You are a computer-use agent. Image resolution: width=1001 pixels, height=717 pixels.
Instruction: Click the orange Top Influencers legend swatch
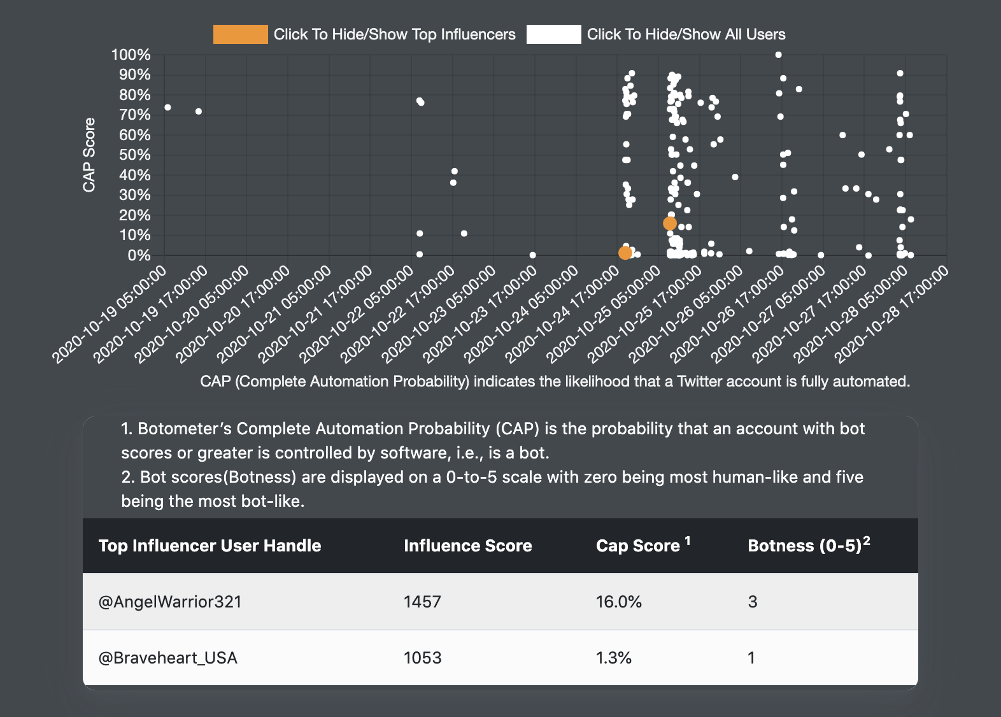[x=240, y=34]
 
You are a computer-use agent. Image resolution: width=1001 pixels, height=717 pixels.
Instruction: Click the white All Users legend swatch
[x=553, y=34]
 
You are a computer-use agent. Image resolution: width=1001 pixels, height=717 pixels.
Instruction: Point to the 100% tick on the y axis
[x=131, y=55]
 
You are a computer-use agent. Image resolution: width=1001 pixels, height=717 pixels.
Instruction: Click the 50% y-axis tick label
[x=135, y=155]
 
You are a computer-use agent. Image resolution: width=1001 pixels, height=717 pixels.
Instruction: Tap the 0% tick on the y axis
[x=139, y=255]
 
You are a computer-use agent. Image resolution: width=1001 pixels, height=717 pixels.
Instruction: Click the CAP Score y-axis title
[x=89, y=155]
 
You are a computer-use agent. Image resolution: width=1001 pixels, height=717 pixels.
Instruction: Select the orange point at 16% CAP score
[x=669, y=224]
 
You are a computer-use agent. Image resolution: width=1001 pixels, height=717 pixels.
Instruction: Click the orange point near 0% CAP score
[x=625, y=253]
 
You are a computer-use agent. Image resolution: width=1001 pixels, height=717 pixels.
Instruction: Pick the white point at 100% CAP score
[x=778, y=55]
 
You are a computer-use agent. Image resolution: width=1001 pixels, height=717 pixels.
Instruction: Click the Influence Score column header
[x=467, y=546]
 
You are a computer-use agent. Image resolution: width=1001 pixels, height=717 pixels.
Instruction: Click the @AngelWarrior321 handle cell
[x=170, y=602]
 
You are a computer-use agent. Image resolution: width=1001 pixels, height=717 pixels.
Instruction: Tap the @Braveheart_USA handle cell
[x=168, y=658]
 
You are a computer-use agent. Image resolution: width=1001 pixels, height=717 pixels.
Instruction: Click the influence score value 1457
[x=422, y=602]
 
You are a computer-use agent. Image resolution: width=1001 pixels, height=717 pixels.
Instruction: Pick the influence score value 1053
[x=422, y=658]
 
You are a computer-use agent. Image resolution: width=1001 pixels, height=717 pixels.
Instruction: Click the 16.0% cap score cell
[x=618, y=602]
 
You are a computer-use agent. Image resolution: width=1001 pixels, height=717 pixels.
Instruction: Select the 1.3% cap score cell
[x=614, y=658]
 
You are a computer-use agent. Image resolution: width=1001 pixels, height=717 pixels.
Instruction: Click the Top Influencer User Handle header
[x=209, y=546]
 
